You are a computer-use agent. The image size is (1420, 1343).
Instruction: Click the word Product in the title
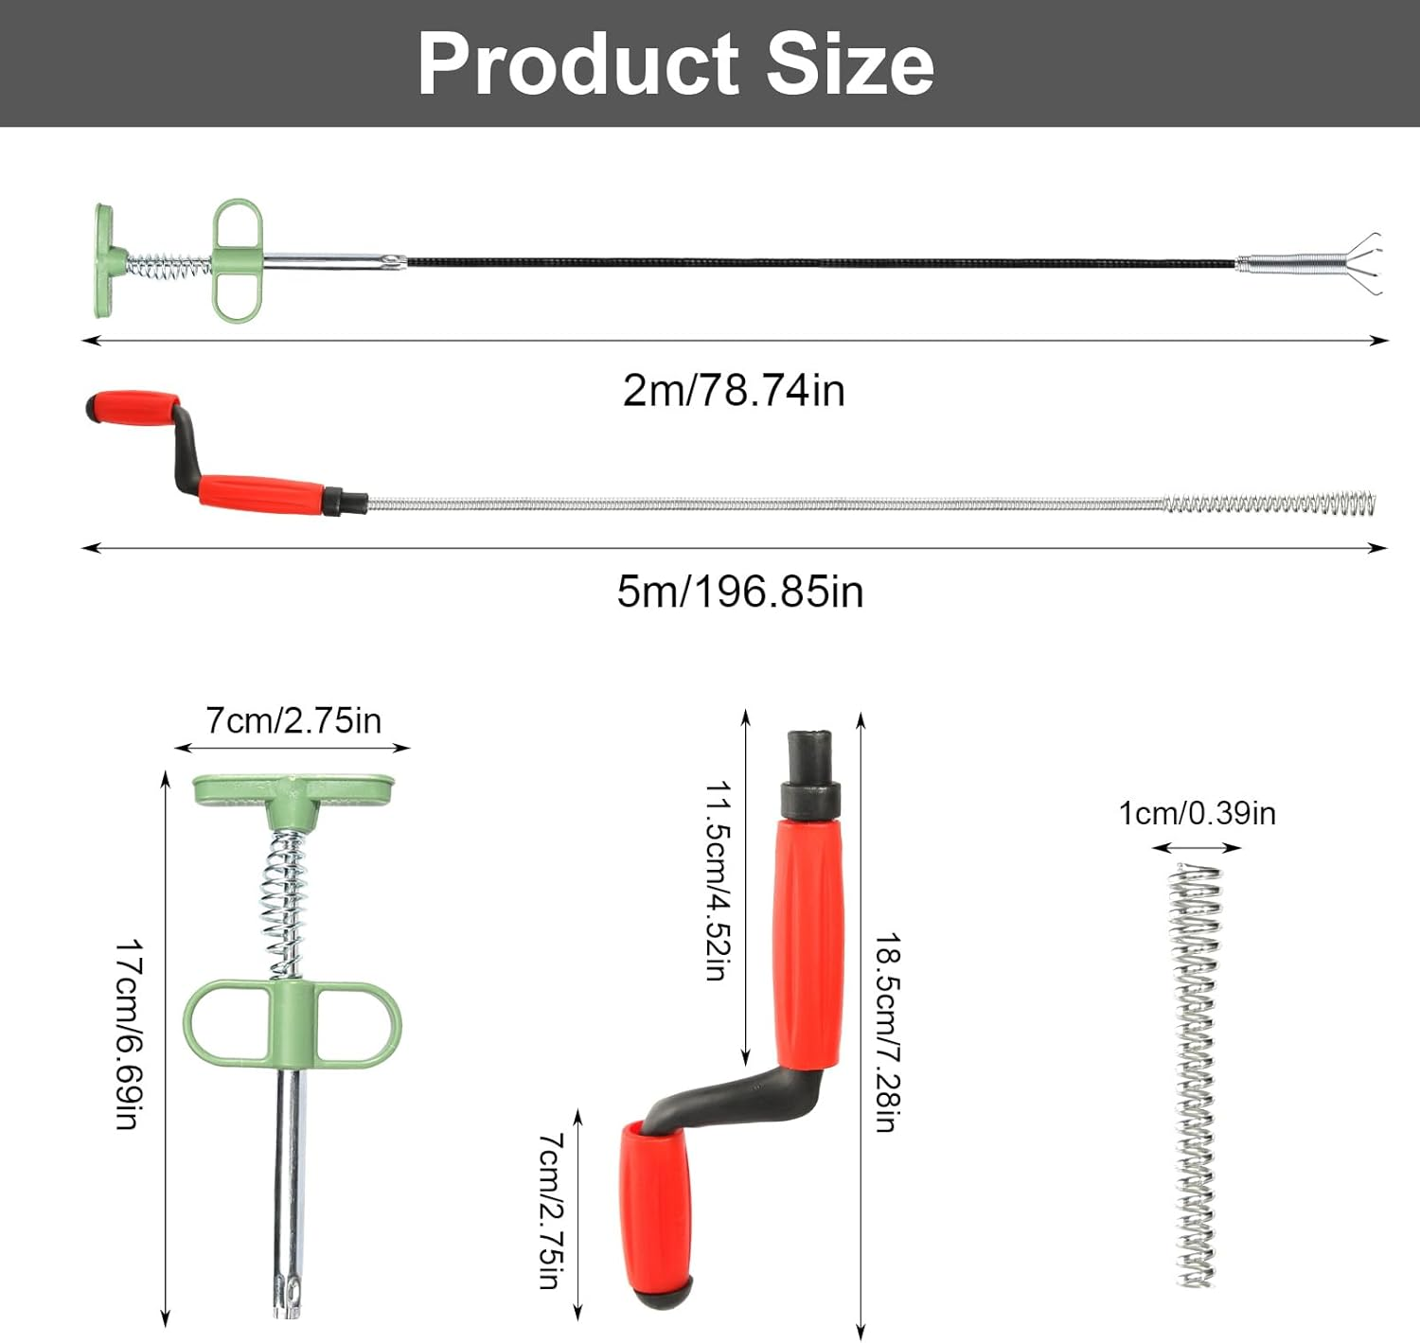pyautogui.click(x=578, y=64)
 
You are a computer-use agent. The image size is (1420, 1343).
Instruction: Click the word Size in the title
pyautogui.click(x=849, y=64)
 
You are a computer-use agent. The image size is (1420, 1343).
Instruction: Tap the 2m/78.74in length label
pyautogui.click(x=734, y=390)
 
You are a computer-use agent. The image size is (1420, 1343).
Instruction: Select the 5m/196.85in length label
pyautogui.click(x=739, y=592)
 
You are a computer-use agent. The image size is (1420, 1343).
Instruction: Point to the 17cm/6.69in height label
pyautogui.click(x=129, y=1034)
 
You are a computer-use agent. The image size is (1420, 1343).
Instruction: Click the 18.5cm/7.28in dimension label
pyautogui.click(x=887, y=1033)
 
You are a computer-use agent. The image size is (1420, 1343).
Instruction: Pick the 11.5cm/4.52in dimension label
pyautogui.click(x=719, y=880)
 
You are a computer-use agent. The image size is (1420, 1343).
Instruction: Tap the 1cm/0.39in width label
pyautogui.click(x=1197, y=813)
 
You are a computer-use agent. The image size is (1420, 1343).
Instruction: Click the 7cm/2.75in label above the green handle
pyautogui.click(x=293, y=721)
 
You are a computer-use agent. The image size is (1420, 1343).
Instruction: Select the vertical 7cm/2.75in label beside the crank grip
pyautogui.click(x=551, y=1210)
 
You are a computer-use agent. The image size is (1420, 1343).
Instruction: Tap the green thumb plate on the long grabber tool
pyautogui.click(x=103, y=260)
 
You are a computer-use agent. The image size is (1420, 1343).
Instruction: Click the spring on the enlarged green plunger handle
pyautogui.click(x=285, y=904)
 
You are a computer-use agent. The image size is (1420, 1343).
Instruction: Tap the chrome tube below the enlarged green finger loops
pyautogui.click(x=289, y=1183)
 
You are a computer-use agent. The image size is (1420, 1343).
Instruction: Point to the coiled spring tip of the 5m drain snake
pyautogui.click(x=1269, y=504)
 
